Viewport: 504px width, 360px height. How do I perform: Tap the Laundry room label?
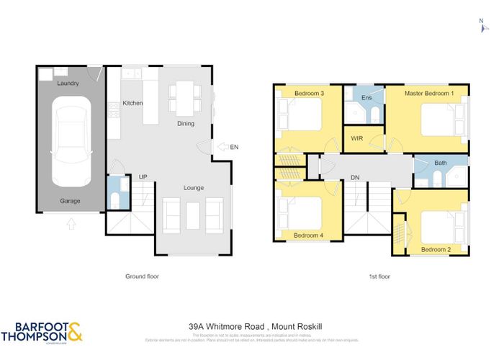68,84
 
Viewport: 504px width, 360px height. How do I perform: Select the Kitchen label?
132,104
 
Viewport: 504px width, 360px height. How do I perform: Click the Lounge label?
193,188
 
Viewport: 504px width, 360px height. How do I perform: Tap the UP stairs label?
143,176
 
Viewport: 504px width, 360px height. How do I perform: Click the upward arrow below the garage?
70,224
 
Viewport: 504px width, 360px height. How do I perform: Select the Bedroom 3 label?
308,94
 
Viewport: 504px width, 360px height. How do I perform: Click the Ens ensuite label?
366,97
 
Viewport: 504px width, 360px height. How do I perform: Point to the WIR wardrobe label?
356,138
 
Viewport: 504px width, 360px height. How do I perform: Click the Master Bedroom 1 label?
428,94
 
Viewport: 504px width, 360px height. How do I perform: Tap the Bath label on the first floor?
440,163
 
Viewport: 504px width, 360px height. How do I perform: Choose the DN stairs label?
355,177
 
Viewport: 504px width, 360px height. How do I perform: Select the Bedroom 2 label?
436,249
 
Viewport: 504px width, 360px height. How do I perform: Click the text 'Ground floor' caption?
141,276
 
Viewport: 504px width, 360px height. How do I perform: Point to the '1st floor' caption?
371,276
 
